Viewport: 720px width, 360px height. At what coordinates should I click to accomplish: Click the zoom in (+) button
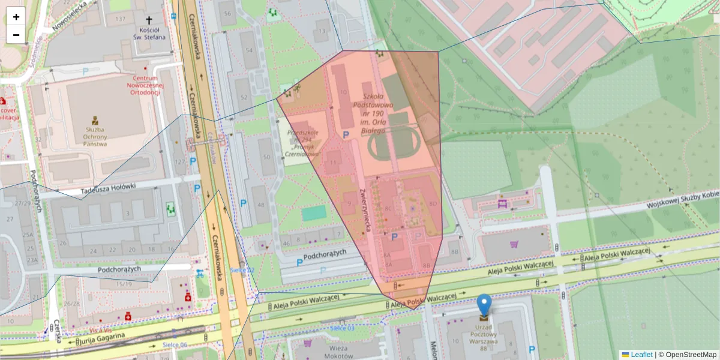pyautogui.click(x=16, y=17)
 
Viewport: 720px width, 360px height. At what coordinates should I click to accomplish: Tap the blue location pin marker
pyautogui.click(x=484, y=305)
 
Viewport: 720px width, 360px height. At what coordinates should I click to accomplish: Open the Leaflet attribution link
pyautogui.click(x=641, y=355)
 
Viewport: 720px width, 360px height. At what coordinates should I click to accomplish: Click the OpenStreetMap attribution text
pyautogui.click(x=690, y=355)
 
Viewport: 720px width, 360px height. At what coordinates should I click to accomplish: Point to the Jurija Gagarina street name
pyautogui.click(x=102, y=339)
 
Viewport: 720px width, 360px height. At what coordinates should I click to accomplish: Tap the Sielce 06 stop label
pyautogui.click(x=175, y=345)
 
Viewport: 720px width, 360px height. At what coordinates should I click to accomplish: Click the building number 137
pyautogui.click(x=121, y=19)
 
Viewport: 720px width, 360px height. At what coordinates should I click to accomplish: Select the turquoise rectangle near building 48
pyautogui.click(x=314, y=213)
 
